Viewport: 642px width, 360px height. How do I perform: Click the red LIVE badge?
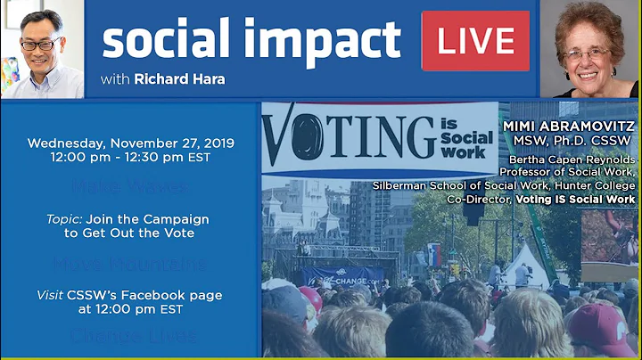pos(475,41)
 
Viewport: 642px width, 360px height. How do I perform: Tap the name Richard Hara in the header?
pos(179,79)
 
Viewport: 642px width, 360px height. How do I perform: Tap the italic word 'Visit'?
pos(50,295)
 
